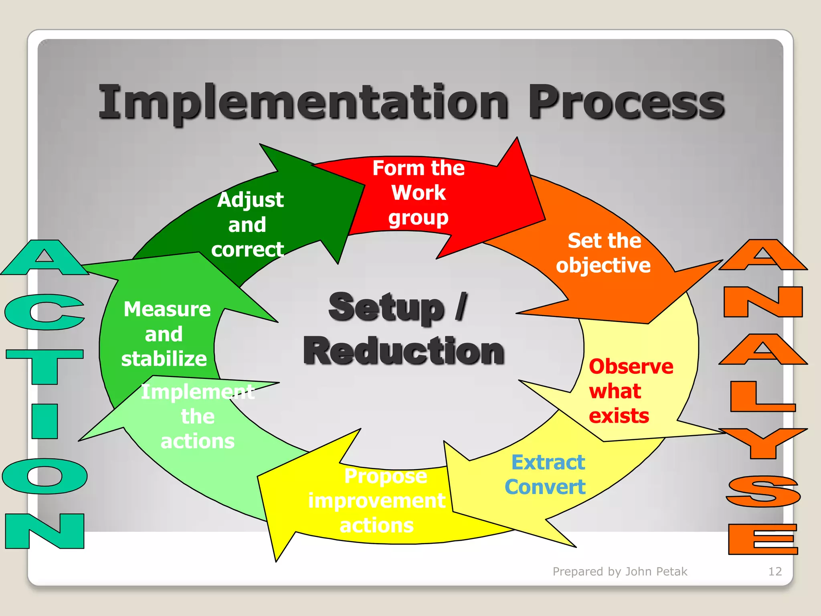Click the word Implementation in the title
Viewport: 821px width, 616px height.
point(304,103)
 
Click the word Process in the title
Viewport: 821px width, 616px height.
point(626,103)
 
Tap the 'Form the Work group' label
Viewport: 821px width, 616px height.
point(418,193)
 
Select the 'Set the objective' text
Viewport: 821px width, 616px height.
point(603,253)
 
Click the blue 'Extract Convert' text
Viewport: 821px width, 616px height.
point(546,475)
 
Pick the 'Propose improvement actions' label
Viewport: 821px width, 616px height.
point(377,500)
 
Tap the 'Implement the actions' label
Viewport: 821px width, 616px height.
point(198,416)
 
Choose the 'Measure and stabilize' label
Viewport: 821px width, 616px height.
point(165,334)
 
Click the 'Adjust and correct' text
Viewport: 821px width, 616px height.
point(249,225)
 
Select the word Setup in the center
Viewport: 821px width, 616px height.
point(386,308)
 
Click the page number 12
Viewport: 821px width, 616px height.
point(775,571)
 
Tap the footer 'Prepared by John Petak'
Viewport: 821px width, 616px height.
point(620,571)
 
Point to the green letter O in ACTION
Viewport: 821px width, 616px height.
point(44,476)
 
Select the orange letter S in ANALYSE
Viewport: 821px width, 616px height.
point(763,491)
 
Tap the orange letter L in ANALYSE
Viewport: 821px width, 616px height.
point(758,397)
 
